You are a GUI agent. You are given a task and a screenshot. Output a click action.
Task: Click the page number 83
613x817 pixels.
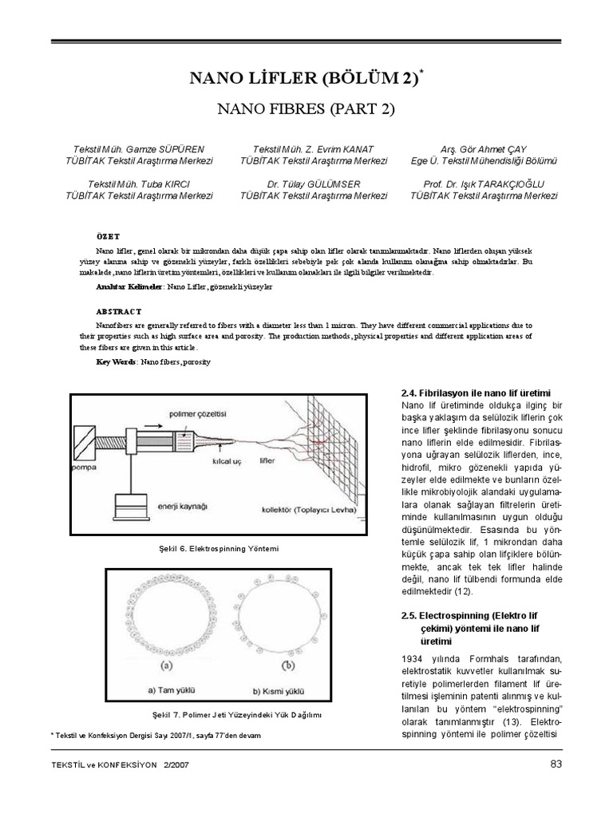point(556,765)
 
